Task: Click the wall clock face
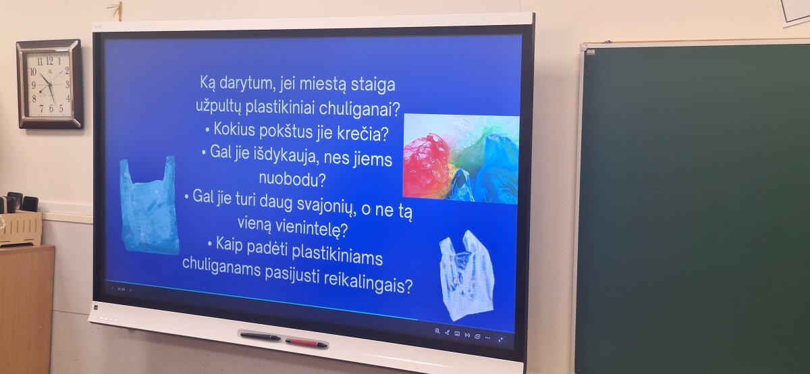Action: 49,85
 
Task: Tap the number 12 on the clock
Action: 49,61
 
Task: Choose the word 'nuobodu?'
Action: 292,179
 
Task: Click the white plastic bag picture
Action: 466,275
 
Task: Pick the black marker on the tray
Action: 261,337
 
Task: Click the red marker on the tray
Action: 306,343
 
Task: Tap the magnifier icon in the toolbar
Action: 437,331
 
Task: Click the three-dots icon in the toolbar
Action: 488,338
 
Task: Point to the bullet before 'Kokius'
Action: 207,130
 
